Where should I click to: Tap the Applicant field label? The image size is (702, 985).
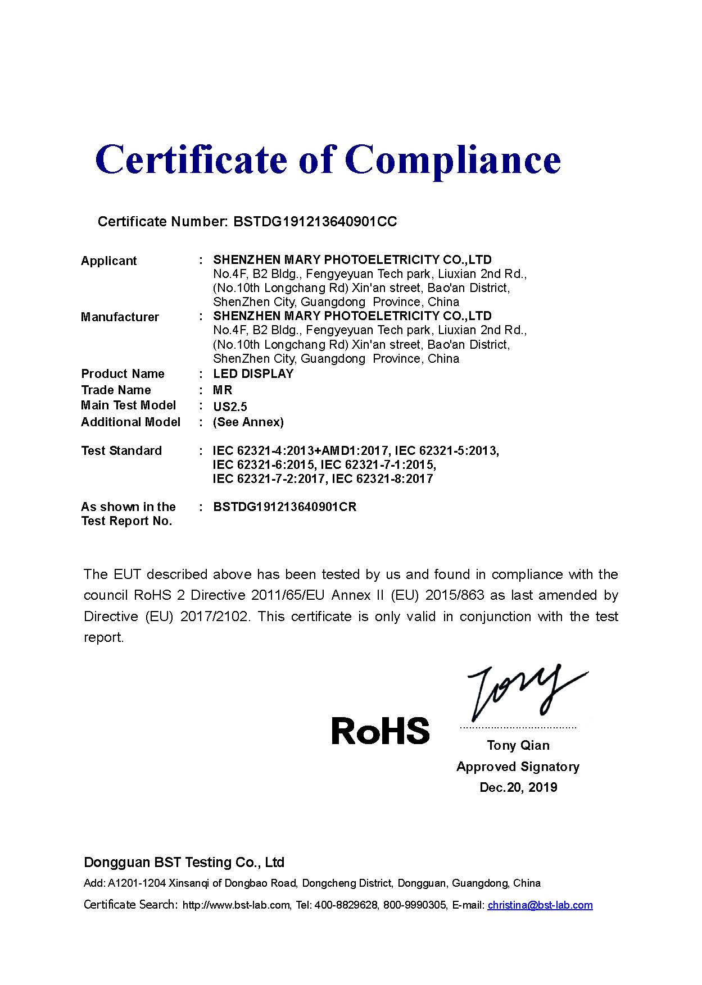coord(108,261)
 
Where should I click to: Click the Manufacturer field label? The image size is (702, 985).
coord(120,317)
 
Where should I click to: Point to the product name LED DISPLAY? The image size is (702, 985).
coord(253,373)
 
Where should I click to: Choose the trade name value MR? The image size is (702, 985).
coord(223,390)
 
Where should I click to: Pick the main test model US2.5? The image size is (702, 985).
coord(230,407)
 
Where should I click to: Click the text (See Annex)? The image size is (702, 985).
coord(248,422)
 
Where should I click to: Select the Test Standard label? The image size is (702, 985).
coord(121,450)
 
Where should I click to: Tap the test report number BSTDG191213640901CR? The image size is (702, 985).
coord(284,507)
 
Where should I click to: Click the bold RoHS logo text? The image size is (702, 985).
coord(381,731)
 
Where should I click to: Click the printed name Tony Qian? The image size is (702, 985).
coord(518,745)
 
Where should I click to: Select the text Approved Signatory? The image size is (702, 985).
coord(518,767)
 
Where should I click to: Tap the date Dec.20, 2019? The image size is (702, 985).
coord(518,787)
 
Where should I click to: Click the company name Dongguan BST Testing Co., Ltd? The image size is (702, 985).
coord(184,862)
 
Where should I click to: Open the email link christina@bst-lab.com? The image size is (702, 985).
coord(540,905)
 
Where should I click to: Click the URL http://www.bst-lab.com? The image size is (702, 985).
coord(236,905)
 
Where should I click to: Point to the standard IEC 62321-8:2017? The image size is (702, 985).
coord(382,478)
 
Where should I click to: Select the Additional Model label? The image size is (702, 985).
coord(130,422)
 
